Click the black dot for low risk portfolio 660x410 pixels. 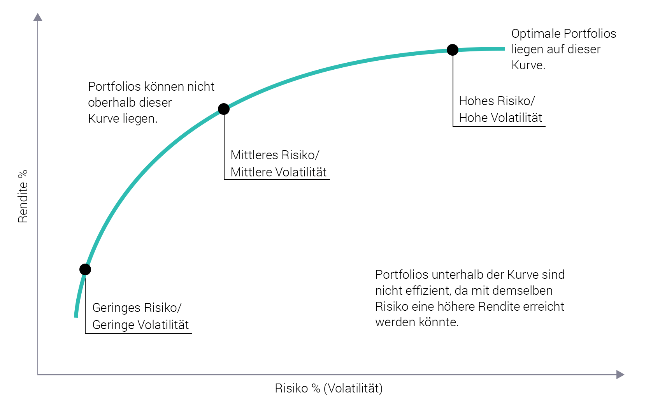point(85,269)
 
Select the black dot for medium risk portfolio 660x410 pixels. point(224,109)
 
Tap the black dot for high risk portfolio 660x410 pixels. point(453,50)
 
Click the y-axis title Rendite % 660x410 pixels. point(23,196)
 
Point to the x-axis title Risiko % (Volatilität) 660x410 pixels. point(328,388)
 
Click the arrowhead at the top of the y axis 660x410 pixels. point(38,17)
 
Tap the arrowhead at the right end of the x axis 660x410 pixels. point(620,375)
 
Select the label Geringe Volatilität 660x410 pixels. point(140,325)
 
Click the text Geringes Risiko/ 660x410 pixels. point(137,308)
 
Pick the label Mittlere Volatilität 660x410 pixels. point(278,172)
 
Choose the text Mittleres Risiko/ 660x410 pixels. point(274,155)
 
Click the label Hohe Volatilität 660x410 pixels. point(500,118)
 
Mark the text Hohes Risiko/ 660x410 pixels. point(497,101)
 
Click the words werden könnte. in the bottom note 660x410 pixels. point(417,322)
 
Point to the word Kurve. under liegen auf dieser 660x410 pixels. point(528,65)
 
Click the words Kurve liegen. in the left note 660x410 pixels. point(123,118)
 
